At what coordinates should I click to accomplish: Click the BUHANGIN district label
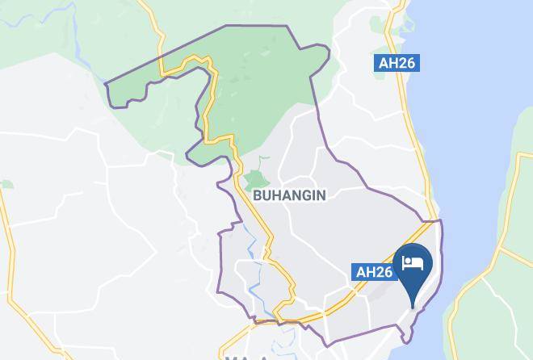[289, 195]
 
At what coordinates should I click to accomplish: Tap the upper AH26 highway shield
[397, 63]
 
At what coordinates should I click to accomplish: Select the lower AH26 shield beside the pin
[375, 272]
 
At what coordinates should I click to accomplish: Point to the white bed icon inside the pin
[413, 263]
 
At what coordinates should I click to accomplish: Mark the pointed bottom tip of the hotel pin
[413, 308]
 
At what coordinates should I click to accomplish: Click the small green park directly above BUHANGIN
[255, 179]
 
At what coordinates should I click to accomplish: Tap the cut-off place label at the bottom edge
[246, 357]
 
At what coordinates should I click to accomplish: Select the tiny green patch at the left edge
[6, 184]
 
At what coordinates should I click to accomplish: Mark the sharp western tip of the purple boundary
[106, 82]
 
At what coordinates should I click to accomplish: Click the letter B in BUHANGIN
[258, 195]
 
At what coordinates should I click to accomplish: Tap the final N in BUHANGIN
[321, 195]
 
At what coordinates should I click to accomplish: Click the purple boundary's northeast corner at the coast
[440, 220]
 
